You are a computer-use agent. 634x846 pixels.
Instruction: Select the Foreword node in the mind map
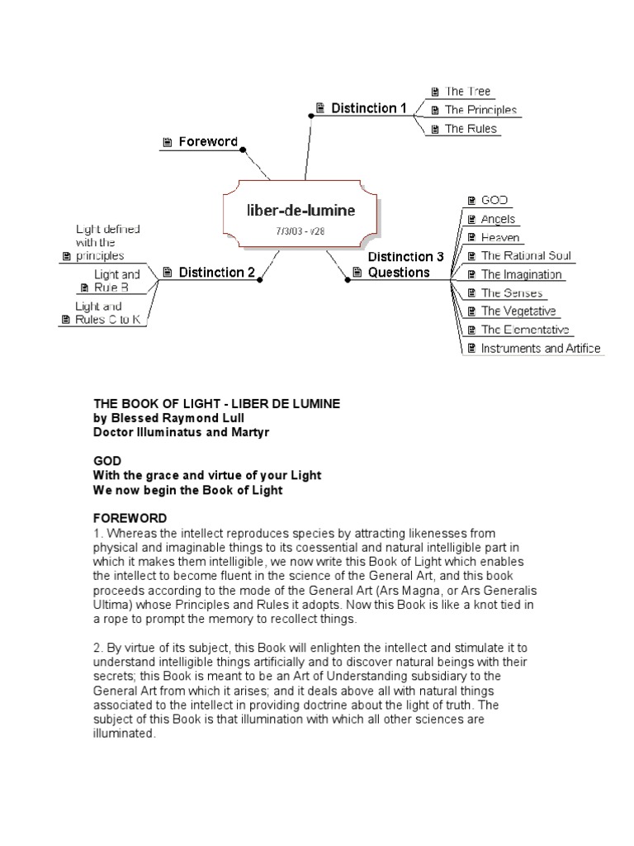209,142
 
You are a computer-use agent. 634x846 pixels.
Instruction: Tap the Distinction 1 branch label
369,108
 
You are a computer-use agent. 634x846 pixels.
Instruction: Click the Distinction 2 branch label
216,272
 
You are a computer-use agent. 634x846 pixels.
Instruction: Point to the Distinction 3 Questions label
405,264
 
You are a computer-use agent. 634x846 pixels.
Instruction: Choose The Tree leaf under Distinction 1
468,92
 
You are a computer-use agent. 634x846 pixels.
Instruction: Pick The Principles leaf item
480,110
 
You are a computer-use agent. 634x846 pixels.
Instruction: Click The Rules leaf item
471,128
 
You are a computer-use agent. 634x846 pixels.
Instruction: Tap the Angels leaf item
498,219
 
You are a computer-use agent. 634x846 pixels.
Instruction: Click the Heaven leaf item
500,238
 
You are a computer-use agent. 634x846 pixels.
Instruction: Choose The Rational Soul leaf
526,256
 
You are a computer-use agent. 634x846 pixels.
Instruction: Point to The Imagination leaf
521,274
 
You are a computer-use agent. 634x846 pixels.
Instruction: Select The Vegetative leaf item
518,311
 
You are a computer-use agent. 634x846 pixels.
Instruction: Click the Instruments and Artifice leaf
540,349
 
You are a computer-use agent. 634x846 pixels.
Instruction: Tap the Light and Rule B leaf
116,281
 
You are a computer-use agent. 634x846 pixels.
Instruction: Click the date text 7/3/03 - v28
300,231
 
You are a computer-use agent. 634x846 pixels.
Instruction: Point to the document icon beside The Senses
471,293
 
